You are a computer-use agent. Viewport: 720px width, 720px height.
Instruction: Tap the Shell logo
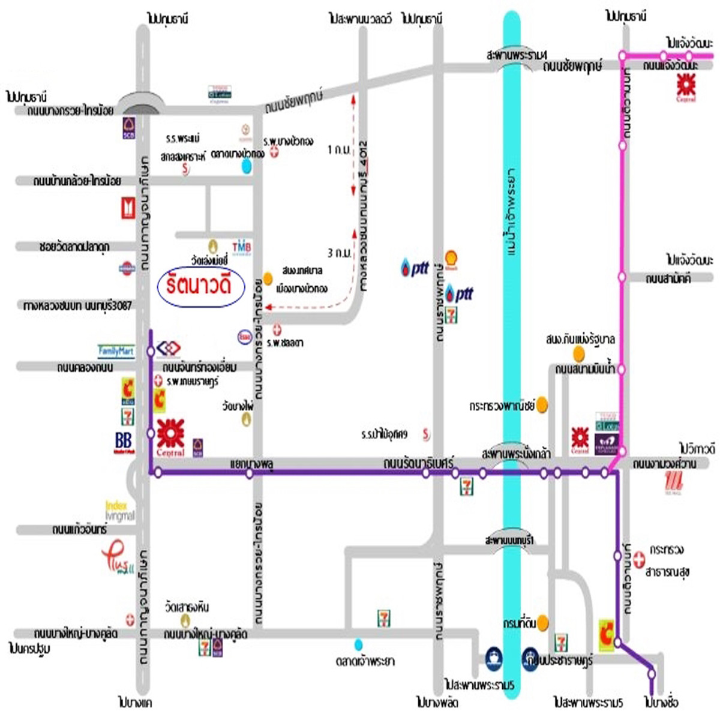click(x=451, y=259)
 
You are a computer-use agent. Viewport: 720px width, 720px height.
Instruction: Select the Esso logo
click(x=245, y=336)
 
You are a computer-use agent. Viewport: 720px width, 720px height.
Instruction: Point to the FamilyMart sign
click(x=116, y=350)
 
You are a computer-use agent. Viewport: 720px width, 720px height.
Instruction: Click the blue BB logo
click(x=124, y=442)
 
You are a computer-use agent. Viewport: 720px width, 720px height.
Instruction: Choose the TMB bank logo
click(x=241, y=247)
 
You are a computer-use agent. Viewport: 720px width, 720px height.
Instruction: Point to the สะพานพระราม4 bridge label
click(x=517, y=55)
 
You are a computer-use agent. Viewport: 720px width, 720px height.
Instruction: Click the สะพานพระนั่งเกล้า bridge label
click(x=516, y=454)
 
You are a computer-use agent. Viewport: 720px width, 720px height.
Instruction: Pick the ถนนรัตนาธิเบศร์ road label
click(x=418, y=463)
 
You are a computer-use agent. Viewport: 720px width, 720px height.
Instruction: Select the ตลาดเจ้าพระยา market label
click(x=365, y=661)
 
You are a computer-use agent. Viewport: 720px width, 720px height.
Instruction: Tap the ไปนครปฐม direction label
click(x=29, y=649)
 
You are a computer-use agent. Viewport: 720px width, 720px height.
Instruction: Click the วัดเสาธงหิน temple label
click(x=187, y=607)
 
